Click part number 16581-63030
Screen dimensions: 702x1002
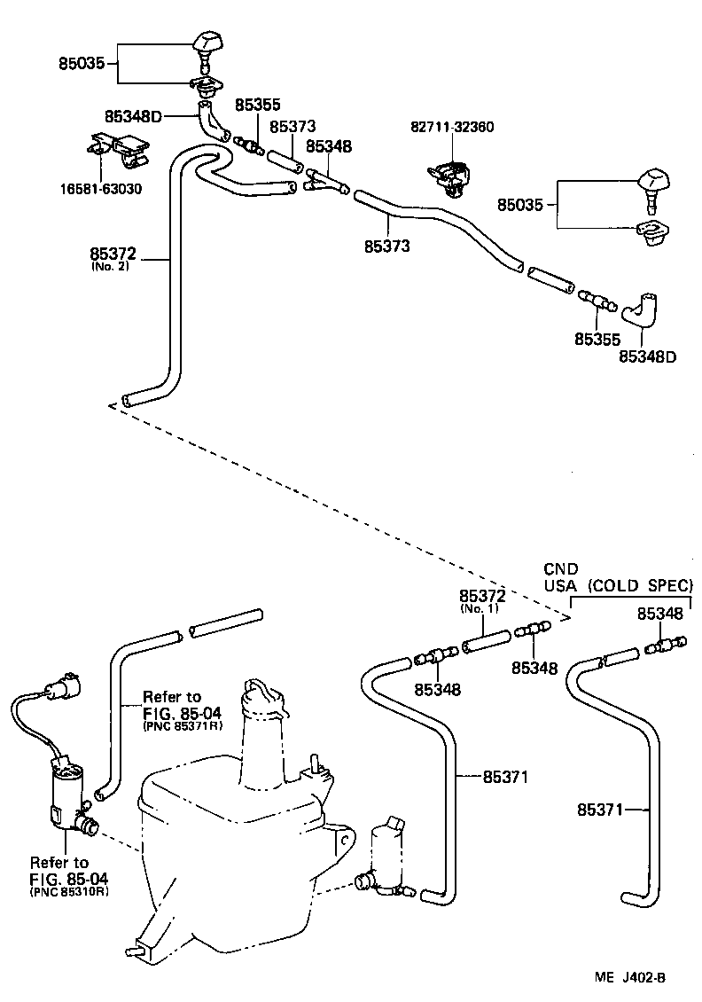101,189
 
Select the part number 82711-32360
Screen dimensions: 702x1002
452,127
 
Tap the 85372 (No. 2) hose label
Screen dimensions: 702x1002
113,260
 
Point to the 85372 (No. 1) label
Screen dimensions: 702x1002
482,600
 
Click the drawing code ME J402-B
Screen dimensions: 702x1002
630,977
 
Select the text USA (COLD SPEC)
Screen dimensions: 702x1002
619,585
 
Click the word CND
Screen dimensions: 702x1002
561,568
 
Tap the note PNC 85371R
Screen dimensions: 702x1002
182,725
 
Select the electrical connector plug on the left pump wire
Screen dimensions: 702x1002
64,686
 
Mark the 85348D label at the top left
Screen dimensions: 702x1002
134,116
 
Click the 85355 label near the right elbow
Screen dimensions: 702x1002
597,340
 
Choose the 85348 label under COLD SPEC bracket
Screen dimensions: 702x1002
659,615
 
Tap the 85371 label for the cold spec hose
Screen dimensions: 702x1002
600,810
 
